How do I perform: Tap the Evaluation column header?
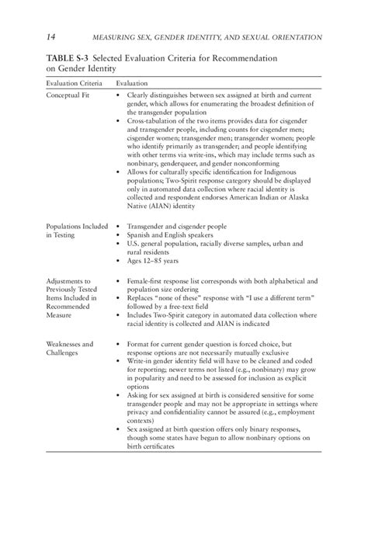(133, 82)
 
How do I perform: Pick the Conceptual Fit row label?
(66, 98)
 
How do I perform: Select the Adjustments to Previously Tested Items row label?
(71, 297)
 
